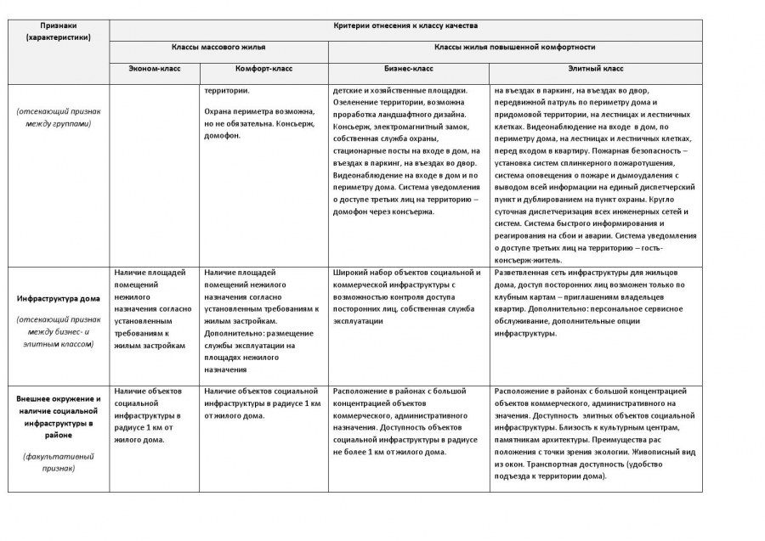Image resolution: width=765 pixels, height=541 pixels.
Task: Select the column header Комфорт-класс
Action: [x=263, y=68]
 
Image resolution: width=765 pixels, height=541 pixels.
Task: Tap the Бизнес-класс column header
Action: [x=409, y=68]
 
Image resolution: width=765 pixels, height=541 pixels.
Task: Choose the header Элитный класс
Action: [x=595, y=68]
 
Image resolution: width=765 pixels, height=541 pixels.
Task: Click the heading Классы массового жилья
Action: [x=218, y=48]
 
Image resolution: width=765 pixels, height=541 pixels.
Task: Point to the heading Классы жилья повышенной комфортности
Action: [x=514, y=48]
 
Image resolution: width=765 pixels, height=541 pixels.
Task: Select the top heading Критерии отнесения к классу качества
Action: [x=405, y=26]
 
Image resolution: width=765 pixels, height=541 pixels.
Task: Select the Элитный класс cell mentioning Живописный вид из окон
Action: [x=595, y=433]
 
